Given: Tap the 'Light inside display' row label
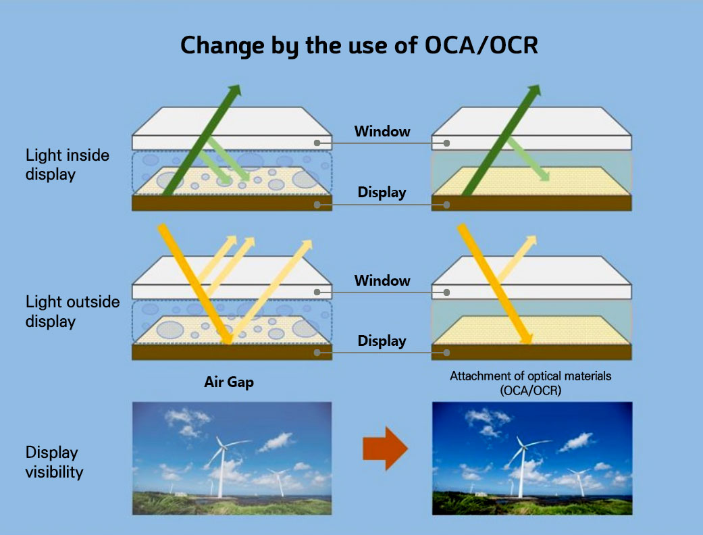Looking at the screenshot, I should pos(67,164).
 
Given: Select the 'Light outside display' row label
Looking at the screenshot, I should pos(72,311).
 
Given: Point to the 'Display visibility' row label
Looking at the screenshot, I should pos(54,461).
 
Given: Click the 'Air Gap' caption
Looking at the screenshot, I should pos(229,382).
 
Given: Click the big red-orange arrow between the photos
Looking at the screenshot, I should pos(385,447).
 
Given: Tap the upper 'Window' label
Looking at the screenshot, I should pos(382,131).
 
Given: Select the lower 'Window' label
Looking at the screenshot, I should pos(382,280).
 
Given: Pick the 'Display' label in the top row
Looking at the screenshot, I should pos(382,193).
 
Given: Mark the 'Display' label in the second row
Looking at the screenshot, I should pos(382,341).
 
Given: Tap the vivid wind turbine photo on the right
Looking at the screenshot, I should pos(531,458).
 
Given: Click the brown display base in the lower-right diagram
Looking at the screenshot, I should pos(531,352).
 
